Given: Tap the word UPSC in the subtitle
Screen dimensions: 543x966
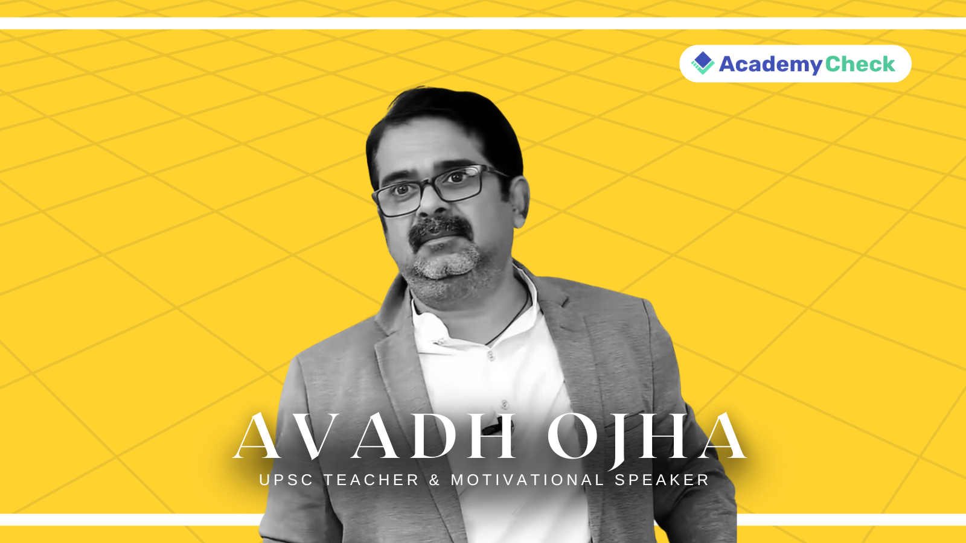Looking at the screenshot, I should (286, 480).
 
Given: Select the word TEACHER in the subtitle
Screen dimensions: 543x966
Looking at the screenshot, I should (371, 480).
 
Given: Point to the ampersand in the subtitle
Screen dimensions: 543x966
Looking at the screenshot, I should (435, 480).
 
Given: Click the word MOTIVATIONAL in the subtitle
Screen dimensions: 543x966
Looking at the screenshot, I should (527, 480).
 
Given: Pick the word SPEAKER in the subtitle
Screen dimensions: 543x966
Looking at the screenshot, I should (662, 480).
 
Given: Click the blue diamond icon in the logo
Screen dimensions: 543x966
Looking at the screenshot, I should (703, 62).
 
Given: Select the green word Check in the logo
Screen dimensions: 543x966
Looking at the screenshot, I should (860, 64).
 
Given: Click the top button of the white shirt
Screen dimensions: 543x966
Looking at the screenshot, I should (491, 356).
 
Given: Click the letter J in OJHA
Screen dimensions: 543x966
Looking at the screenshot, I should (622, 440).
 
